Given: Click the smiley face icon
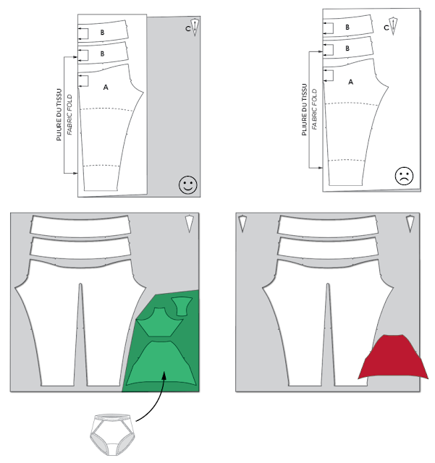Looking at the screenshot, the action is pyautogui.click(x=187, y=184).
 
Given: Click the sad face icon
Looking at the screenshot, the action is pyautogui.click(x=404, y=176).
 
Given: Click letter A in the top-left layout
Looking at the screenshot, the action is pyautogui.click(x=106, y=87).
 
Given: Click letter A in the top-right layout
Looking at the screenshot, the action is pyautogui.click(x=351, y=82).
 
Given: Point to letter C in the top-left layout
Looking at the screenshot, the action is pyautogui.click(x=187, y=28).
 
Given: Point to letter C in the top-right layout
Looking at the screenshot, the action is pyautogui.click(x=386, y=27).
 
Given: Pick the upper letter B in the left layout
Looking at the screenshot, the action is pyautogui.click(x=102, y=33).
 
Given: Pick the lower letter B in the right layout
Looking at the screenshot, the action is pyautogui.click(x=347, y=48).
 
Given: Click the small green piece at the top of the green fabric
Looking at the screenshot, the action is pyautogui.click(x=180, y=307).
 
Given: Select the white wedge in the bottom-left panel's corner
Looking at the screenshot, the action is pyautogui.click(x=189, y=223).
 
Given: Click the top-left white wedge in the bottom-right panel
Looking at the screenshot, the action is pyautogui.click(x=243, y=222).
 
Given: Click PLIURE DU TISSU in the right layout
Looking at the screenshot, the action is pyautogui.click(x=305, y=111).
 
